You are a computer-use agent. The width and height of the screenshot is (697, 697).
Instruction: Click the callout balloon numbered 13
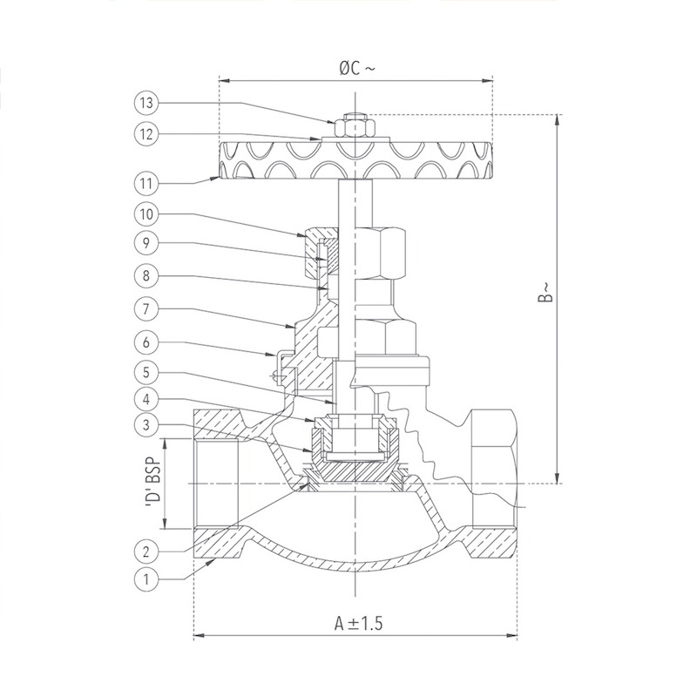point(146,103)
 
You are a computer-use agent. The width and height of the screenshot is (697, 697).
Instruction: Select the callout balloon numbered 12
point(146,134)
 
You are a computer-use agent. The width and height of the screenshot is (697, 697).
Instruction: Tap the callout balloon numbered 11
point(146,183)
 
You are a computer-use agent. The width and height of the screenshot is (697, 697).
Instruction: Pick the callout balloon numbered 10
point(146,214)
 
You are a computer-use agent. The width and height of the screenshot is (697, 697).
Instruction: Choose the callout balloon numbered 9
point(146,243)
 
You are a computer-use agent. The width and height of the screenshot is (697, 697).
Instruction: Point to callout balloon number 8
point(146,276)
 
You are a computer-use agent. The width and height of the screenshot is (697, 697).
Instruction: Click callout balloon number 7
point(146,308)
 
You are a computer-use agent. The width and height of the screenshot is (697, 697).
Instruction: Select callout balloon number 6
point(146,342)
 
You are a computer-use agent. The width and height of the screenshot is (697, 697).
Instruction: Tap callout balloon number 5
point(146,372)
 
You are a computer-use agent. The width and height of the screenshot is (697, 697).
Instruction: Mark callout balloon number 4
point(146,399)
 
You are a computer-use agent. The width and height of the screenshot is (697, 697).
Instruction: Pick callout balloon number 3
point(146,425)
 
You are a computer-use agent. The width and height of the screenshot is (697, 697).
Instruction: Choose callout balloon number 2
point(146,552)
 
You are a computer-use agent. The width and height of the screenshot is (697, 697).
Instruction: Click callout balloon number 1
point(146,579)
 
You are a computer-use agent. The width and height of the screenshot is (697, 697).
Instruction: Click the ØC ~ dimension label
point(357,69)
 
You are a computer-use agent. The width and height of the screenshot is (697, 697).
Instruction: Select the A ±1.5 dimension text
point(358,623)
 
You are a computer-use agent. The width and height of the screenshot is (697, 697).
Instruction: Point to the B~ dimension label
point(546,292)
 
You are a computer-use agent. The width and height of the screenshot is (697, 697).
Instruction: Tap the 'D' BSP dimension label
point(152,484)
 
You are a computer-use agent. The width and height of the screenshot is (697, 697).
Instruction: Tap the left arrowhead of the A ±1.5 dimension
point(200,635)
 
